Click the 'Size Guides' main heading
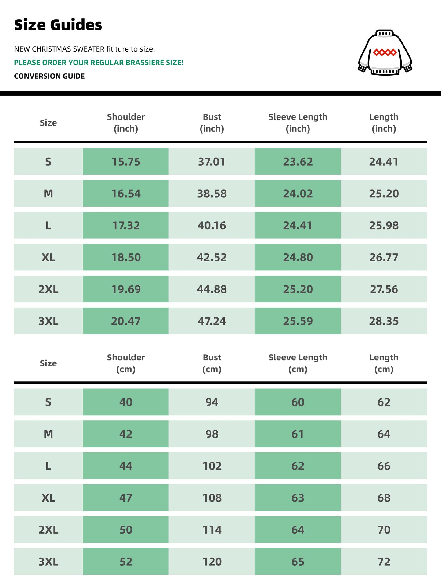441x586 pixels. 58,25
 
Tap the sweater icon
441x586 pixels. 385,52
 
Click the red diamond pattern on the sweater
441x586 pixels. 385,52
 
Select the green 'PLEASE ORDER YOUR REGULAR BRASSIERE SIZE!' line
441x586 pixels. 99,63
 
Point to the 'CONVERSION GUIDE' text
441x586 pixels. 49,76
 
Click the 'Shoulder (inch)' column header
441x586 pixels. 126,123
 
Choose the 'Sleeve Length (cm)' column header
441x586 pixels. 298,363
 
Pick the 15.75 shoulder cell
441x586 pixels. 126,162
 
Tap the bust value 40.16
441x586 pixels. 212,226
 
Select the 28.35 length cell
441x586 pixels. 384,321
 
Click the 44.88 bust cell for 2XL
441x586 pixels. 212,289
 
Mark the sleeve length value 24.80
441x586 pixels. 298,257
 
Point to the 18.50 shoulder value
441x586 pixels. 126,257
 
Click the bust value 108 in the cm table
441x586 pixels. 212,498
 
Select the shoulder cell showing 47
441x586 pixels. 126,498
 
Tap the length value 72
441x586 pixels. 384,562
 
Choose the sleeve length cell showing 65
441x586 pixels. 298,562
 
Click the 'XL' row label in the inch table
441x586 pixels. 48,257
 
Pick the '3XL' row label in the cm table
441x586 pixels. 48,562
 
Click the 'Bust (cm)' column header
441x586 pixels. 212,363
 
